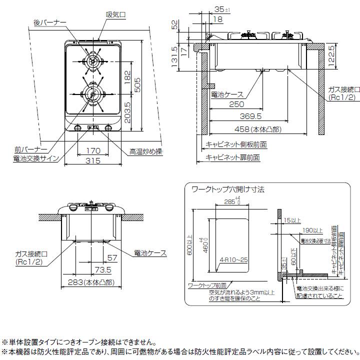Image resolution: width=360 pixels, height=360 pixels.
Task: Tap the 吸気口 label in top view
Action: tap(116, 15)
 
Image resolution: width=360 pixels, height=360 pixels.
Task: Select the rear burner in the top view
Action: tap(92, 61)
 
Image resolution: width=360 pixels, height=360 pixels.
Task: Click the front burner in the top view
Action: tap(92, 94)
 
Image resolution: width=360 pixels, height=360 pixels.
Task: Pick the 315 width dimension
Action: tap(93, 160)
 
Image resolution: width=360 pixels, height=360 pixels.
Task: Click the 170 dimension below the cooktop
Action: tap(93, 150)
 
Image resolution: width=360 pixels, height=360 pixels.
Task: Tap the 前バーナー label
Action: tap(30, 149)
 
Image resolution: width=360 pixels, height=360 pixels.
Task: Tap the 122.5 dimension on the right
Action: tap(331, 57)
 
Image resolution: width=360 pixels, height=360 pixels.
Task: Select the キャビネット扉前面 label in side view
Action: tap(233, 157)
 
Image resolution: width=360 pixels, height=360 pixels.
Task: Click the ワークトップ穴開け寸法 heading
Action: tap(227, 190)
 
